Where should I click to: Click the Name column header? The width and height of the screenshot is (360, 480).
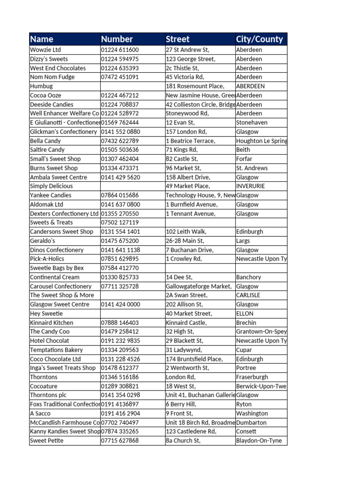tap(42, 39)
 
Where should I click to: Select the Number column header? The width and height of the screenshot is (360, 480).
tap(117, 39)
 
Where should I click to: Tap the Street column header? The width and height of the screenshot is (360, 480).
tap(178, 39)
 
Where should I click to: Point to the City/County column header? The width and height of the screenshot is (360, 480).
tap(259, 39)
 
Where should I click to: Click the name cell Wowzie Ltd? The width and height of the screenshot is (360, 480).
tap(45, 50)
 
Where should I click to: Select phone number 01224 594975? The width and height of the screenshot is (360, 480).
tap(120, 59)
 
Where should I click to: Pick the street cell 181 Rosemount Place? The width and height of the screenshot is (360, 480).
tap(195, 86)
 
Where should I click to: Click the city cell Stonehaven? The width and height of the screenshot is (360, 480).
tap(252, 122)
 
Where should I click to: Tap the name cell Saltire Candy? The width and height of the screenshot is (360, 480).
tap(47, 150)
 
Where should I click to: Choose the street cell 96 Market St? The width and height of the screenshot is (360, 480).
tap(184, 168)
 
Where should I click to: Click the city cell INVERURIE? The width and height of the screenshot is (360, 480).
tap(250, 186)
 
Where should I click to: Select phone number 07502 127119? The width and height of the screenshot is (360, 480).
tap(120, 223)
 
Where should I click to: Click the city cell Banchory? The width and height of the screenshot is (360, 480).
tap(248, 277)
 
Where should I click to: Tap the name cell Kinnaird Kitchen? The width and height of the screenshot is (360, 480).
tap(52, 322)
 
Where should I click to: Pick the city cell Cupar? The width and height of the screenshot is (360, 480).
tap(245, 350)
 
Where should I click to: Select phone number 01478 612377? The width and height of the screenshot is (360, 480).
tap(120, 368)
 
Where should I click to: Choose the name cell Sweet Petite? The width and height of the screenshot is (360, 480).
tap(46, 441)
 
